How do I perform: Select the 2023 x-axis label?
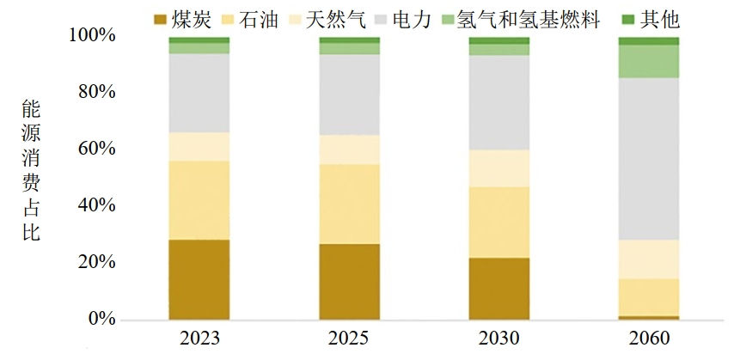[199, 338]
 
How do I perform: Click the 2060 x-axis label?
[648, 338]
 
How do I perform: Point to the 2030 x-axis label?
[499, 338]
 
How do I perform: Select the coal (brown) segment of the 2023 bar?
[199, 279]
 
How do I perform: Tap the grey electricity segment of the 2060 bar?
[648, 159]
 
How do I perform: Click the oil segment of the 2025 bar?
[349, 204]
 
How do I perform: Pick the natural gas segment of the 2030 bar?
[499, 168]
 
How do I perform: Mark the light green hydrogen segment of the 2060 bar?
[648, 61]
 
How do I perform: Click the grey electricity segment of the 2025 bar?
[349, 95]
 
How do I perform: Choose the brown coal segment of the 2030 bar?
[499, 288]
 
